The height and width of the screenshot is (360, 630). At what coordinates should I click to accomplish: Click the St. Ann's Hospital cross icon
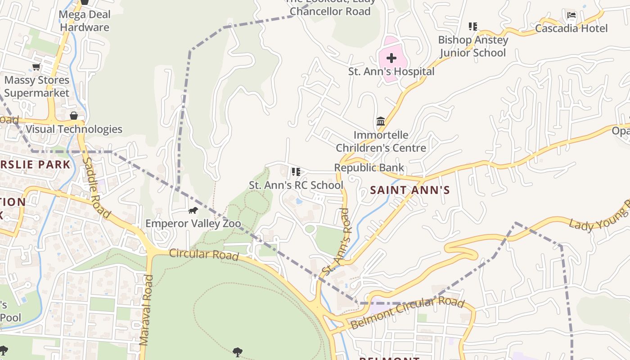click(x=391, y=58)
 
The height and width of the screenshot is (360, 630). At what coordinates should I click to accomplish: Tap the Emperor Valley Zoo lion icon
click(x=193, y=210)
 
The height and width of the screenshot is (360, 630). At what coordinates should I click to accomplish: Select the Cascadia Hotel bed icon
click(x=571, y=16)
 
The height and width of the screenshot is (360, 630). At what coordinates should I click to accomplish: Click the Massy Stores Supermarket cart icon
click(x=36, y=67)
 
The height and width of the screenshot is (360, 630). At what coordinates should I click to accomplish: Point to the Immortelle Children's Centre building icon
click(x=381, y=121)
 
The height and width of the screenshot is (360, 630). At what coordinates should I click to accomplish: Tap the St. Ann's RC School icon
click(x=296, y=172)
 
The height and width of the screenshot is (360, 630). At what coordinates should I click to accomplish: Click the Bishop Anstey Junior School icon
click(x=472, y=27)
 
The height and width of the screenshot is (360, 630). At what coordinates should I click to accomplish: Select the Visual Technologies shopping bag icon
click(x=74, y=116)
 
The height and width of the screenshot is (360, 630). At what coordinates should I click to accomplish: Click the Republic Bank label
click(x=369, y=168)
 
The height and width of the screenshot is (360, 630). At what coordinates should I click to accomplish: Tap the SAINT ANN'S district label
click(x=409, y=190)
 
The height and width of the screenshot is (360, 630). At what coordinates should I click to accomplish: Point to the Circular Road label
click(x=204, y=254)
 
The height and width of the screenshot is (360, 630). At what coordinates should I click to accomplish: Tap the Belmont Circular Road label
click(x=407, y=313)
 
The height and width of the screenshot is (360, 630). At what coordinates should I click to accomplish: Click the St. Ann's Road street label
click(x=336, y=240)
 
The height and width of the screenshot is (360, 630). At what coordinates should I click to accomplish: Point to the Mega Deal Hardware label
click(x=85, y=21)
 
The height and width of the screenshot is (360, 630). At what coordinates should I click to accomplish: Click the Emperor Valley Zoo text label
click(x=193, y=224)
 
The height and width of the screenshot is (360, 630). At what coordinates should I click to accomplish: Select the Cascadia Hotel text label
click(x=571, y=29)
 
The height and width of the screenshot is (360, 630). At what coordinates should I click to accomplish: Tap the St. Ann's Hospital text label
click(x=391, y=72)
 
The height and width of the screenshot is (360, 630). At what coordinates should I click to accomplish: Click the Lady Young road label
click(x=598, y=218)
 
